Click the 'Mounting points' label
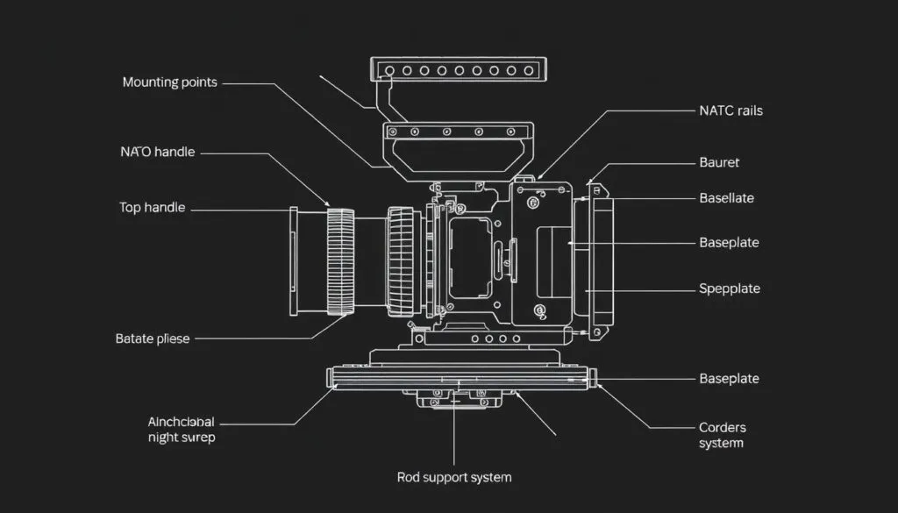(169, 82)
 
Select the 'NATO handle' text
(156, 152)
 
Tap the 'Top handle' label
(152, 208)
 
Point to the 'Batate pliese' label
(152, 338)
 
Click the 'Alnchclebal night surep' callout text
(182, 429)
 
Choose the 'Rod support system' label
(454, 478)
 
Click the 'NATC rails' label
(731, 110)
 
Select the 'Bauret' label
(719, 162)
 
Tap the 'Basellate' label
(726, 198)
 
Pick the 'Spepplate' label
(729, 289)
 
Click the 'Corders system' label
(722, 435)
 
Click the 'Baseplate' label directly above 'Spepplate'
(729, 242)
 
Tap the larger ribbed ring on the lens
(340, 261)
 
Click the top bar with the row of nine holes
(459, 70)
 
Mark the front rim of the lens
(295, 261)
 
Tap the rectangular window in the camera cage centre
(470, 258)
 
